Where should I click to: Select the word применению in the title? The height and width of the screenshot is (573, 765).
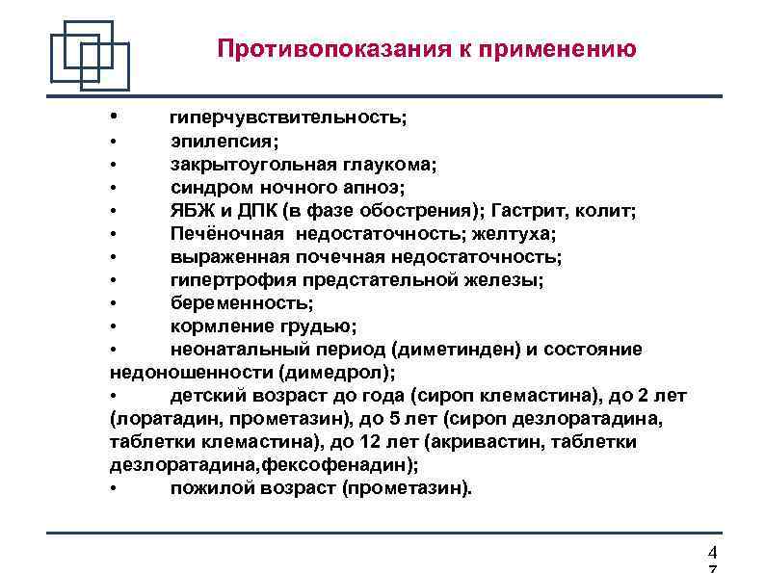[x=562, y=49]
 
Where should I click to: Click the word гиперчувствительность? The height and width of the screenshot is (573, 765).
[x=287, y=117]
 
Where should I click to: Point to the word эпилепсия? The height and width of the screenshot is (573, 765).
[x=224, y=141]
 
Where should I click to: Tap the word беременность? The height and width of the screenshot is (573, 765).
[x=241, y=302]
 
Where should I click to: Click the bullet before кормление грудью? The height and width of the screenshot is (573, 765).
[x=114, y=326]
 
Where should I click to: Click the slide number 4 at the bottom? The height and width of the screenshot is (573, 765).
[x=712, y=553]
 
